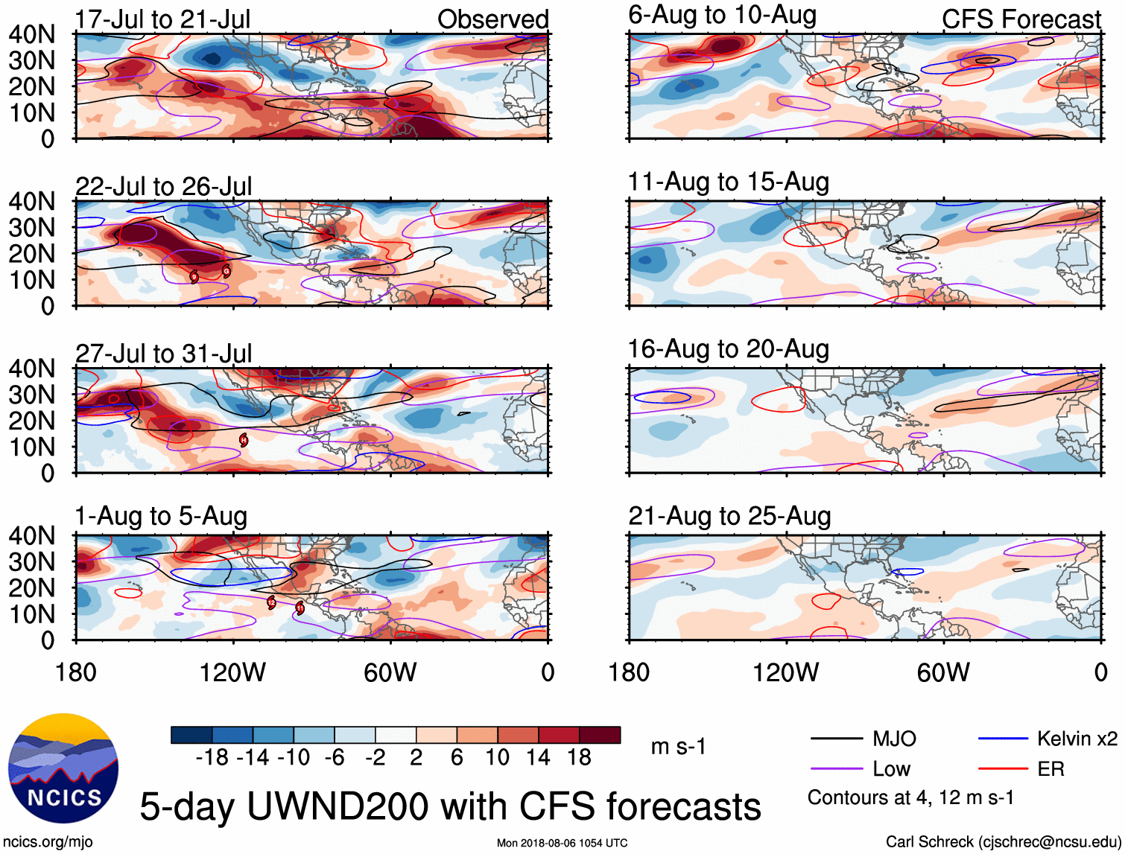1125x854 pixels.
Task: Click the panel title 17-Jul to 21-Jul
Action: (162, 19)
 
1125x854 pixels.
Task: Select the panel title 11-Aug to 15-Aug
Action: (728, 182)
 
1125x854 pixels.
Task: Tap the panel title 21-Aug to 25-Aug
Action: (729, 516)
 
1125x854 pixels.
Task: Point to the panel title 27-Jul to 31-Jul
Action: (163, 353)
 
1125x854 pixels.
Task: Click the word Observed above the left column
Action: (492, 19)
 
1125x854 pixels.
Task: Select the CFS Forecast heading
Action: (1021, 19)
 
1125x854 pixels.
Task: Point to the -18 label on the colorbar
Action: (212, 758)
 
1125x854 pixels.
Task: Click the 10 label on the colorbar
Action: (497, 758)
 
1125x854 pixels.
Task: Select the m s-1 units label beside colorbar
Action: (678, 746)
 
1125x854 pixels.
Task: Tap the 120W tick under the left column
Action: (232, 672)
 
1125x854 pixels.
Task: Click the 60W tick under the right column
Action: (943, 672)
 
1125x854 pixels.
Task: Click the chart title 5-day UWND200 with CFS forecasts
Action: (450, 806)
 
